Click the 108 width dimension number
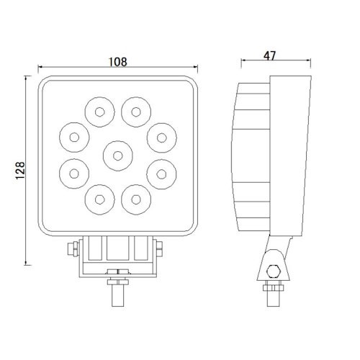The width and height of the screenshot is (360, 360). click(118, 62)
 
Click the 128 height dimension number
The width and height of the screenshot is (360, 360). click(20, 171)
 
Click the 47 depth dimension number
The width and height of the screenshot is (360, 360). click(270, 56)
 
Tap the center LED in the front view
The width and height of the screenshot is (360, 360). click(118, 156)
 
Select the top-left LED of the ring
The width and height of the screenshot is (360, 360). click(100, 112)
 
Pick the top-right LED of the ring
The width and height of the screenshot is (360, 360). click(136, 112)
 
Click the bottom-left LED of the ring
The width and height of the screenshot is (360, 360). click(100, 199)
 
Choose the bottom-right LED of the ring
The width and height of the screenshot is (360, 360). click(136, 199)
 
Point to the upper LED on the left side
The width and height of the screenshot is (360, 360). click(74, 138)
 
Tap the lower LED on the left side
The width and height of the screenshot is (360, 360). click(74, 174)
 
